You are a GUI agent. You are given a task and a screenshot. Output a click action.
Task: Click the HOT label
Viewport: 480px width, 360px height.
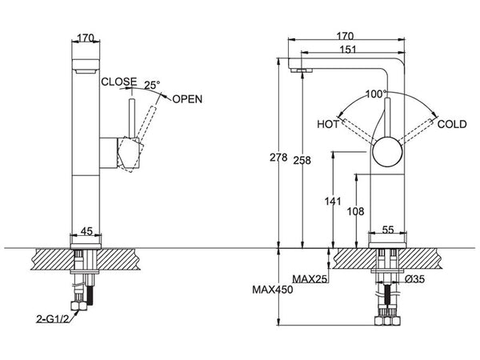328,124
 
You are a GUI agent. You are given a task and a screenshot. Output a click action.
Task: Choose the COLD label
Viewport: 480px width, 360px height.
451,124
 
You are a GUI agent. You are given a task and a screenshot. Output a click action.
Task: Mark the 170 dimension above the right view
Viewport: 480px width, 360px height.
346,35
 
